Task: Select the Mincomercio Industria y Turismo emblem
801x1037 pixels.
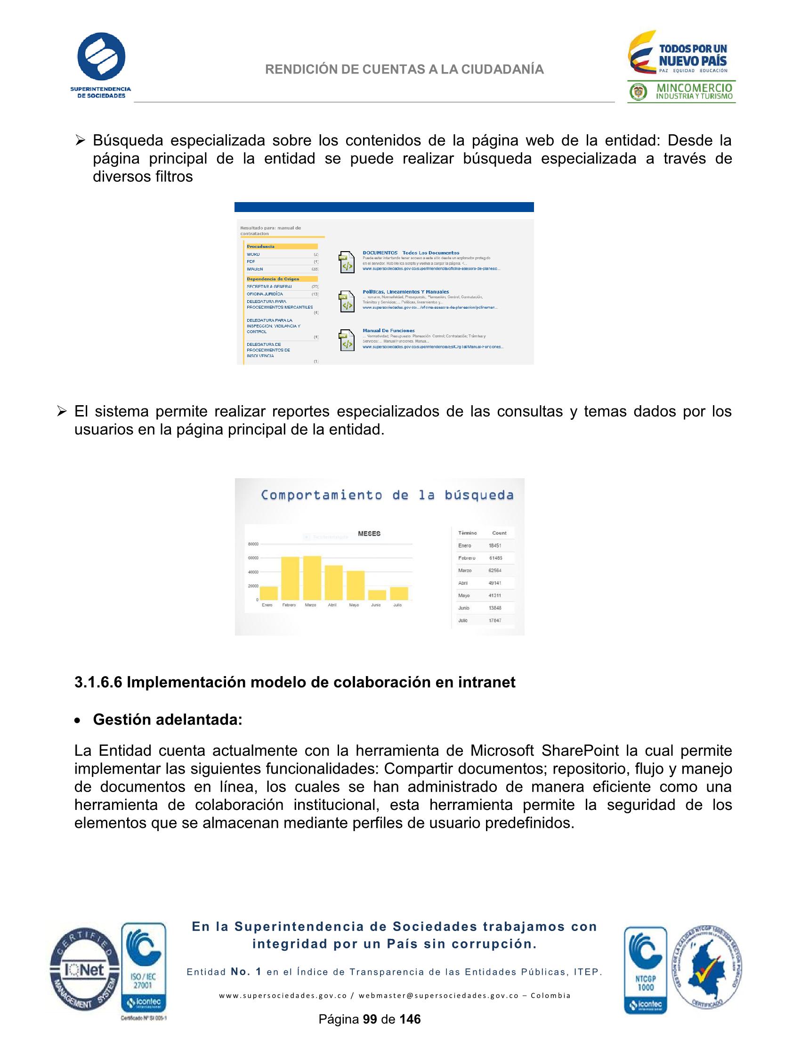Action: pyautogui.click(x=681, y=92)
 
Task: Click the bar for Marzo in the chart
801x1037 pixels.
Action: pyautogui.click(x=311, y=578)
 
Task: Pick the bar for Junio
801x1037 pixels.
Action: pyautogui.click(x=376, y=595)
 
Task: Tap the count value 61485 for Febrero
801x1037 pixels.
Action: pyautogui.click(x=495, y=558)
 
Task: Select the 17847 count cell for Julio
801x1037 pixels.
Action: pyautogui.click(x=494, y=620)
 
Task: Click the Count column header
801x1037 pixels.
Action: pyautogui.click(x=499, y=533)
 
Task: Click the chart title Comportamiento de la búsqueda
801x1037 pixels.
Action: pyautogui.click(x=387, y=495)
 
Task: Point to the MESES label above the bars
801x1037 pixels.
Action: pyautogui.click(x=369, y=534)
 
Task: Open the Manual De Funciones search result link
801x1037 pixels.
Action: pyautogui.click(x=388, y=330)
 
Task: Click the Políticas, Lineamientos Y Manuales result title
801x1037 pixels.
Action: pyautogui.click(x=405, y=292)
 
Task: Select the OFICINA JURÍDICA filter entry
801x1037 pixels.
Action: pyautogui.click(x=265, y=294)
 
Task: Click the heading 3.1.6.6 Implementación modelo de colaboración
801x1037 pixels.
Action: pyautogui.click(x=294, y=682)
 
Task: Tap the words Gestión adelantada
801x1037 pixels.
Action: pyautogui.click(x=167, y=719)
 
